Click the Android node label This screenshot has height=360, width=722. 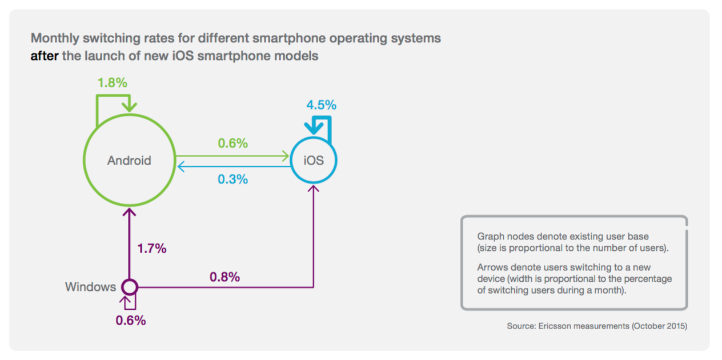129,161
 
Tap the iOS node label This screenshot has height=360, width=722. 314,161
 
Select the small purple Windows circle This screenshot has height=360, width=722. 130,286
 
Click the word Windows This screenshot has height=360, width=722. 90,287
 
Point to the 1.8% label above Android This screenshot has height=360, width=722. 112,82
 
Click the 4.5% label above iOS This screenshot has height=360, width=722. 321,105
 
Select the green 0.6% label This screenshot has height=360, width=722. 232,143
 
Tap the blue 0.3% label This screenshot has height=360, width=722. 232,179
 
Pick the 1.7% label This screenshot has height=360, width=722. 151,249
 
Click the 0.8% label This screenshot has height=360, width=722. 224,277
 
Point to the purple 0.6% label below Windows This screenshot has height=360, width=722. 131,321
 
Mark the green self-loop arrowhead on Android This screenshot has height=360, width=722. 131,106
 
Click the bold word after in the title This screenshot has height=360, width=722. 45,57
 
